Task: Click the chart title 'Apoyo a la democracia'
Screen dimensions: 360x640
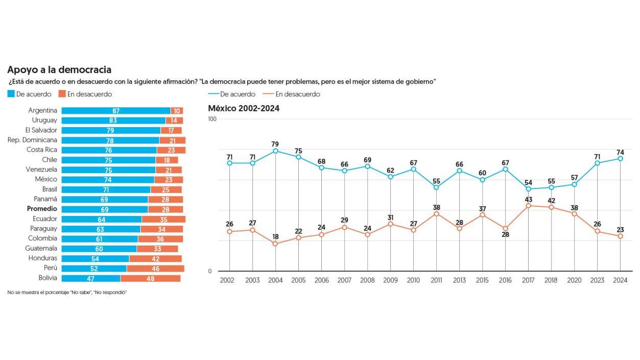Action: click(x=59, y=70)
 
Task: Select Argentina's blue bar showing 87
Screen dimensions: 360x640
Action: click(x=116, y=111)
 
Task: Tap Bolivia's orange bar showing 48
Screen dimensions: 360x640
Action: click(x=150, y=278)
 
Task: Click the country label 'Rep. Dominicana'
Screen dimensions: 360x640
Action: click(x=32, y=140)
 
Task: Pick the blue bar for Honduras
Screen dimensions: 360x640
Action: click(x=96, y=258)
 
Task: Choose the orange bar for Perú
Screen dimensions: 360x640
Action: click(x=155, y=268)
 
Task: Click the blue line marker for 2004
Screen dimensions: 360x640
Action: click(x=275, y=151)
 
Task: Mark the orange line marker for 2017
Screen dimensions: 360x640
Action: click(x=528, y=206)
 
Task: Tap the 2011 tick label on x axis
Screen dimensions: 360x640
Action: click(x=436, y=280)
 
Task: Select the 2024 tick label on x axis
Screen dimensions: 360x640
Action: click(x=620, y=280)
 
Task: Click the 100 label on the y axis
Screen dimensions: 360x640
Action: click(x=212, y=119)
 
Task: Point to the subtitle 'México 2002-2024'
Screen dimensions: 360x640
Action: click(x=244, y=108)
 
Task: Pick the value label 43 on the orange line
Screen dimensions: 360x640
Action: click(x=528, y=200)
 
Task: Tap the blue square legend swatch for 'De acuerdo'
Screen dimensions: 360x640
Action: click(x=11, y=94)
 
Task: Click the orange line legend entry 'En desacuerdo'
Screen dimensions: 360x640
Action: click(x=291, y=94)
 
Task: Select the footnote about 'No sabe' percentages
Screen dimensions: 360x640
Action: click(x=67, y=292)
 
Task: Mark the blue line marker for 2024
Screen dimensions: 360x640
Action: click(x=620, y=159)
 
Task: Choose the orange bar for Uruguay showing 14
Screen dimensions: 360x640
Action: click(x=174, y=121)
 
